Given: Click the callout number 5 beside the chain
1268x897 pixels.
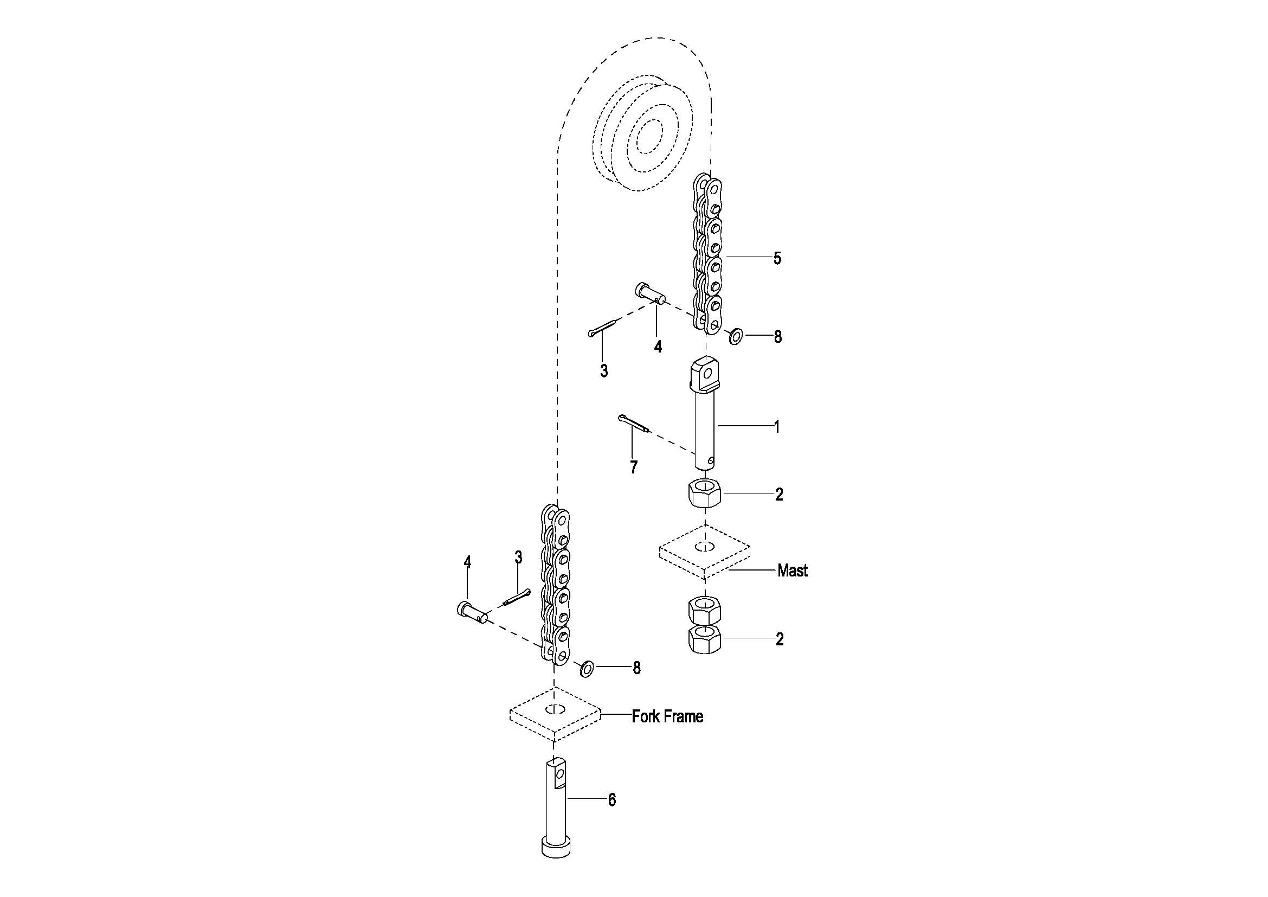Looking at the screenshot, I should click(777, 258).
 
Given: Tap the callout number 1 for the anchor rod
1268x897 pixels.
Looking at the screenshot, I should click(776, 426).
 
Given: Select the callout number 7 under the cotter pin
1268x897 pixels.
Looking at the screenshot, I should click(633, 467).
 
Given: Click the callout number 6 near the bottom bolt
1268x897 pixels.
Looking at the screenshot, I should click(612, 800).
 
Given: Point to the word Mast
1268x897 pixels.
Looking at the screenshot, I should click(792, 571).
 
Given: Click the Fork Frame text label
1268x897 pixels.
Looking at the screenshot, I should click(667, 716).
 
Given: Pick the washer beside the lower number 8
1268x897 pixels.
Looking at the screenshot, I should click(587, 669).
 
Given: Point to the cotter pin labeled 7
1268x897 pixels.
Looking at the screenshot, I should click(633, 424).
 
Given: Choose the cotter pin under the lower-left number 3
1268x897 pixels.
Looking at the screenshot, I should click(517, 597).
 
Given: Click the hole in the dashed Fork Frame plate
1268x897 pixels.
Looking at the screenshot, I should click(555, 710).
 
